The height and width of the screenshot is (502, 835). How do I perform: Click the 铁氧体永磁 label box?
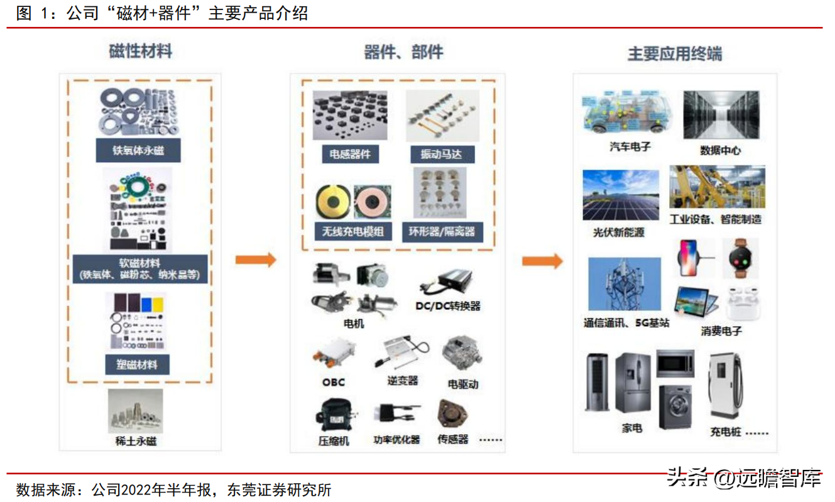138,151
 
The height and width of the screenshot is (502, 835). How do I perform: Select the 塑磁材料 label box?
137,364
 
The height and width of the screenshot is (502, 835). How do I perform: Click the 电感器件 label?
350,154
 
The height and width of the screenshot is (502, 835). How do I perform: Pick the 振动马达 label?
442,154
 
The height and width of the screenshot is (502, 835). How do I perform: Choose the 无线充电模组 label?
352,231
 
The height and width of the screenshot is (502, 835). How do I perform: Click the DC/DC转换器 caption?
448,306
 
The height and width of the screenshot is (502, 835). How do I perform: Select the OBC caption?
334,382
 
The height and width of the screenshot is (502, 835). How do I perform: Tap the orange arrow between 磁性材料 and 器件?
256,259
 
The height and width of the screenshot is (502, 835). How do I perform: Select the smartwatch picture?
740,258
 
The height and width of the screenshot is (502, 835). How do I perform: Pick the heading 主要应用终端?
675,55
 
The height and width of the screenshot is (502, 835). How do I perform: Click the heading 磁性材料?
140,52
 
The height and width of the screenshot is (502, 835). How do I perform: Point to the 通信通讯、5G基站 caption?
626,323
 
